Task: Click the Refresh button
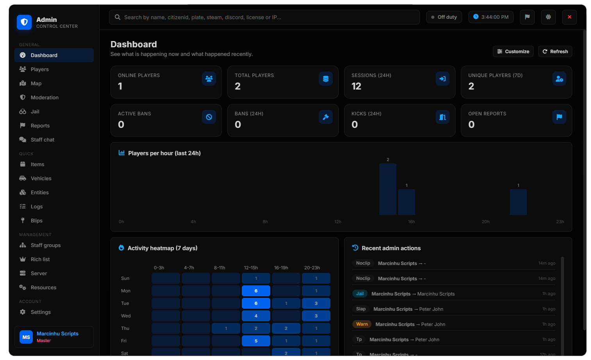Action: coord(555,52)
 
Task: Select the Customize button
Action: coord(513,52)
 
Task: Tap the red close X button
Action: coord(570,17)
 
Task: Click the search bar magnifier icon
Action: coord(118,17)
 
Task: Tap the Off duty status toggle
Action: coord(444,17)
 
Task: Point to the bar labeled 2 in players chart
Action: coord(388,189)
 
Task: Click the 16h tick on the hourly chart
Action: coord(411,222)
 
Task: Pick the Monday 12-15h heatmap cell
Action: coord(256,291)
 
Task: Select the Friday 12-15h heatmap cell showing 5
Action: coord(256,341)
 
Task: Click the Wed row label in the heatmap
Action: coord(126,316)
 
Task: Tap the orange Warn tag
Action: coord(362,324)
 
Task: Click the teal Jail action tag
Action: coord(360,294)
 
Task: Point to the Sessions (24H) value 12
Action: coord(356,86)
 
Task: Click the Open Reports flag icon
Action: coord(559,117)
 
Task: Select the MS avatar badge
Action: coord(26,337)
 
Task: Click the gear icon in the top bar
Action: coord(548,17)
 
